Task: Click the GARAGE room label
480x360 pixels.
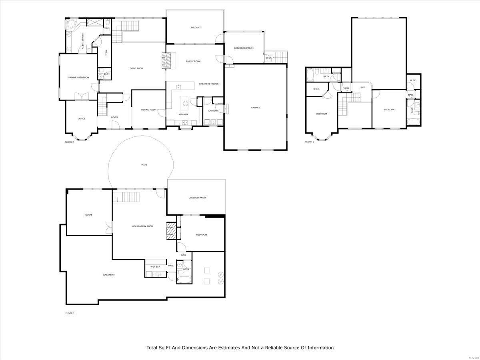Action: (x=256, y=108)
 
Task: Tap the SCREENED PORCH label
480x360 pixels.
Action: (x=244, y=48)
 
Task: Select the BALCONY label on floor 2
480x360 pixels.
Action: (x=196, y=28)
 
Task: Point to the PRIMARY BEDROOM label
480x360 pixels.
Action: (x=78, y=78)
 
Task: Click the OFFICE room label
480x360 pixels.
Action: (x=81, y=119)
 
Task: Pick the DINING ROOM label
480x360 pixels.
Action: (x=148, y=110)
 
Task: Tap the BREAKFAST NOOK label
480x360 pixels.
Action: (x=209, y=84)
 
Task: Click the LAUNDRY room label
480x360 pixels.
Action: (x=213, y=111)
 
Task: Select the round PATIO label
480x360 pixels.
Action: (x=143, y=165)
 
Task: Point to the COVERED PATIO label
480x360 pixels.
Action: (x=197, y=198)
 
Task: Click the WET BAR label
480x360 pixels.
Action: (x=155, y=266)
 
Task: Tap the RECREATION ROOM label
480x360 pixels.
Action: (x=143, y=226)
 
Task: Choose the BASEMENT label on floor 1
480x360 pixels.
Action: (x=109, y=275)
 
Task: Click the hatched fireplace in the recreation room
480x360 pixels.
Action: (x=171, y=231)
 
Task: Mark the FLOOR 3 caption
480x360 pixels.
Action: (x=309, y=142)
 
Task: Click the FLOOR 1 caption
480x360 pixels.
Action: (x=70, y=313)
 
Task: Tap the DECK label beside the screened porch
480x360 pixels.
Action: (x=268, y=58)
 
